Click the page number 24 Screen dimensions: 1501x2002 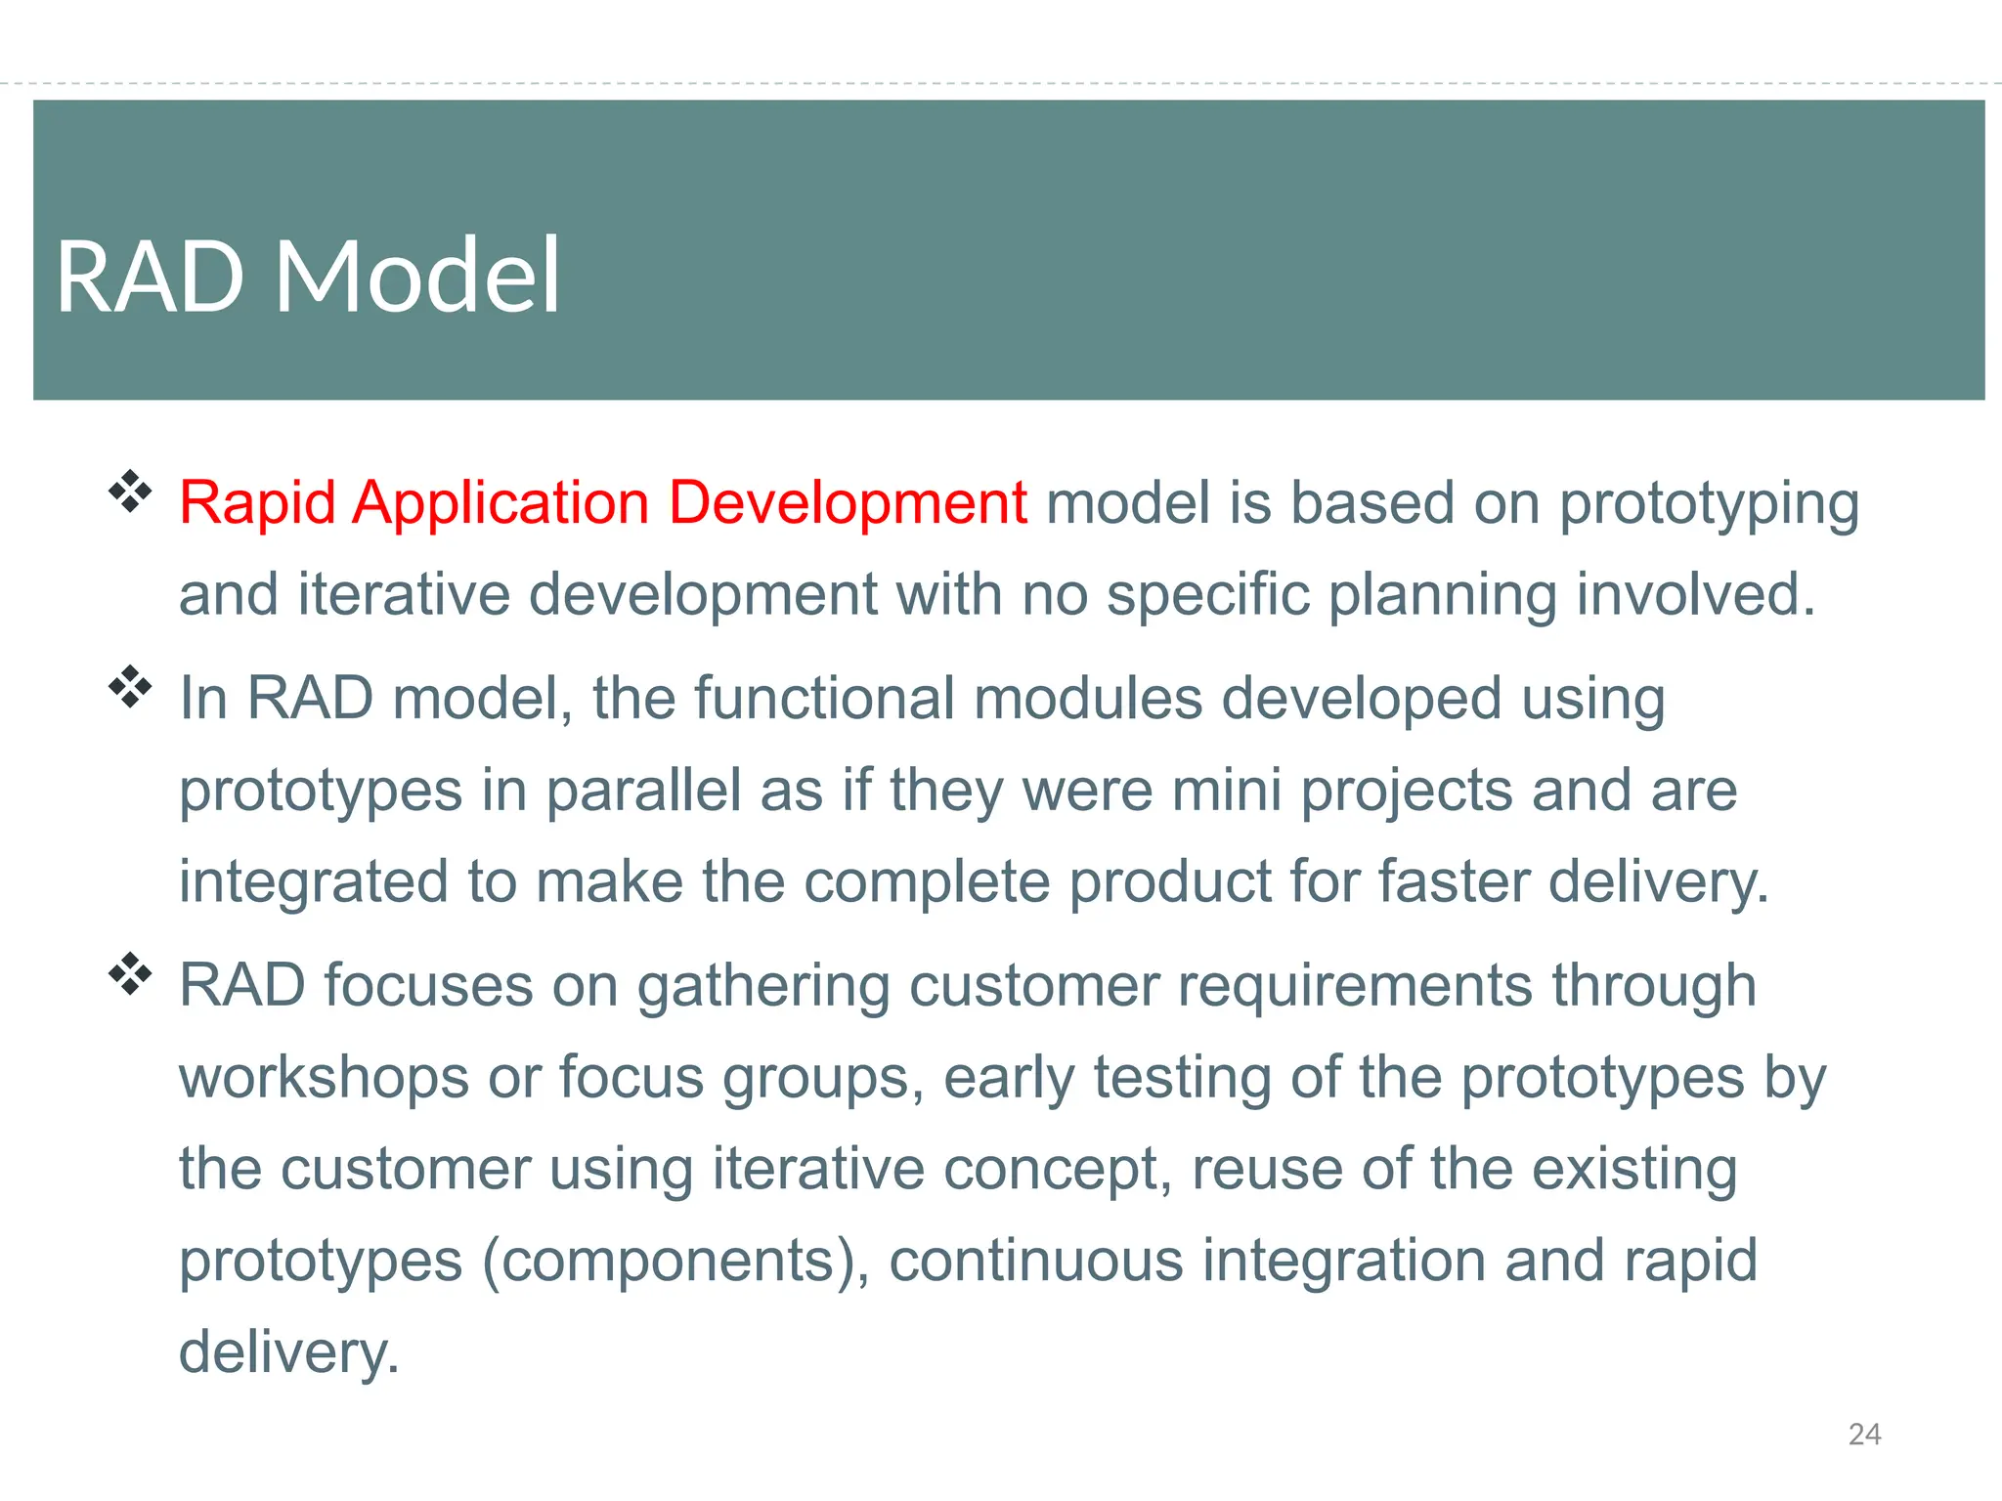pyautogui.click(x=1864, y=1434)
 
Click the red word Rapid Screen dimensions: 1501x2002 pyautogui.click(x=258, y=504)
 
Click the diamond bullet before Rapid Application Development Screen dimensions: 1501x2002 pyautogui.click(x=130, y=492)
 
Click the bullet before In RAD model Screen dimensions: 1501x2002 pyautogui.click(x=130, y=687)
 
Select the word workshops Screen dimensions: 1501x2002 pyautogui.click(x=324, y=1077)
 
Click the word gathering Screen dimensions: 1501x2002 pyautogui.click(x=763, y=987)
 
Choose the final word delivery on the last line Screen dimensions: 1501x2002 pyautogui.click(x=288, y=1352)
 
